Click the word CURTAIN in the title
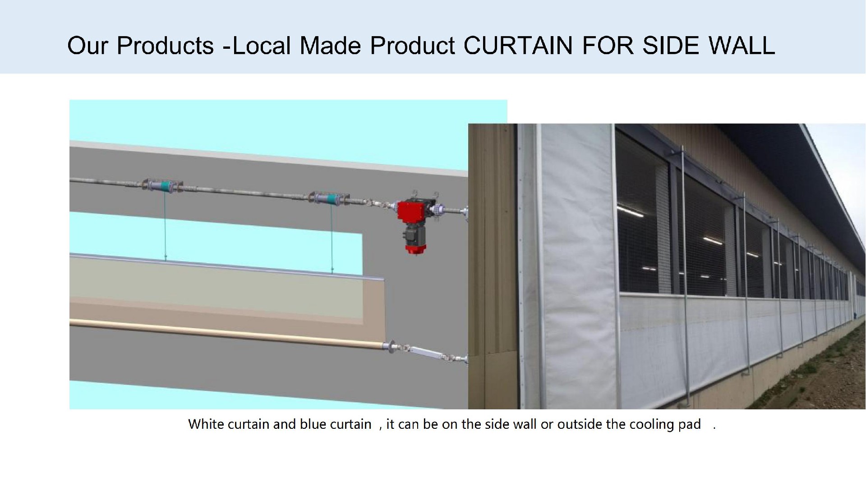pyautogui.click(x=518, y=46)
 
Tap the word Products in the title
pyautogui.click(x=165, y=46)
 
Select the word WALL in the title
pyautogui.click(x=742, y=46)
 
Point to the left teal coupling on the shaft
pyautogui.click(x=163, y=186)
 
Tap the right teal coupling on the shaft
pyautogui.click(x=329, y=199)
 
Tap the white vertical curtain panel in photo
pyautogui.click(x=575, y=266)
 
